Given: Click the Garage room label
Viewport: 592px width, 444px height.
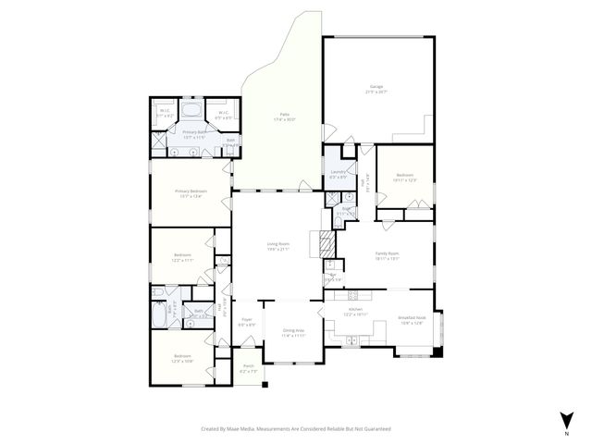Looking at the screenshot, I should tap(376, 86).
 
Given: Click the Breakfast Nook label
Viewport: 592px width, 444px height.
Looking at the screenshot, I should tap(412, 315).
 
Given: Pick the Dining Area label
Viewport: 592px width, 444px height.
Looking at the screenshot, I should tap(292, 329).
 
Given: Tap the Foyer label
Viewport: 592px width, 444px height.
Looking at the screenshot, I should tap(247, 319).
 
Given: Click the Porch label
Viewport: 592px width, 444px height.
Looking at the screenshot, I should tap(248, 366).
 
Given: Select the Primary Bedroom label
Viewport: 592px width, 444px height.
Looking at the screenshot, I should tap(191, 191).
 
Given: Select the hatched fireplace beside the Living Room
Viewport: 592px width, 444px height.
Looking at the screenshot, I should tap(326, 244).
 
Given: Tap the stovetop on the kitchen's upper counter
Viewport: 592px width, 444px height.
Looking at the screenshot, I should tap(354, 296).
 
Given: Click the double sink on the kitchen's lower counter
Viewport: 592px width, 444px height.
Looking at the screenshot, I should tap(352, 340).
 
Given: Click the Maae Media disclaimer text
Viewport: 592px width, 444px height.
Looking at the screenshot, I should tap(296, 428).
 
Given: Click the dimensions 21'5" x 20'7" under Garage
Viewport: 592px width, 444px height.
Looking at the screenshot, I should tap(376, 92).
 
